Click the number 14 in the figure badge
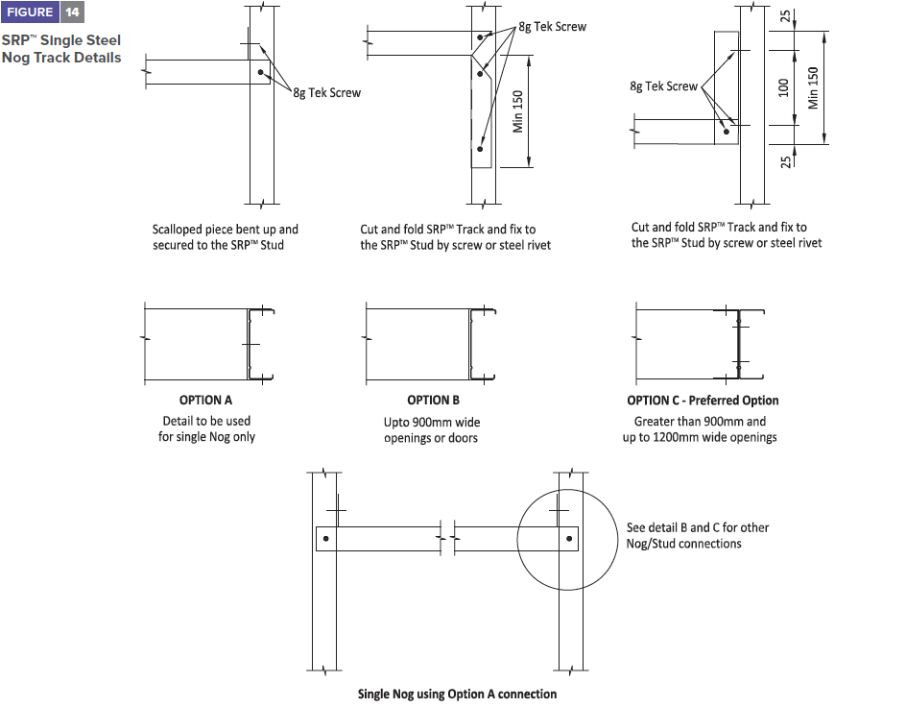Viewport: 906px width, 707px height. click(x=73, y=12)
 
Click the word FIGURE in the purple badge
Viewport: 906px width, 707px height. click(x=30, y=12)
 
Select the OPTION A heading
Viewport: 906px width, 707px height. click(x=205, y=401)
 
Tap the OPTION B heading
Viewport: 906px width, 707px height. click(x=433, y=401)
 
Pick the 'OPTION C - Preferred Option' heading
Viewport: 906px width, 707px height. click(x=703, y=401)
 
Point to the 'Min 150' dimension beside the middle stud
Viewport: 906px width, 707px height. click(x=518, y=111)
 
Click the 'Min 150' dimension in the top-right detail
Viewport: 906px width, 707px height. click(x=814, y=87)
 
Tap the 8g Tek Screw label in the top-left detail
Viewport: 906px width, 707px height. click(x=327, y=93)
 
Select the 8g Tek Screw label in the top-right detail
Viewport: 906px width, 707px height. click(x=664, y=86)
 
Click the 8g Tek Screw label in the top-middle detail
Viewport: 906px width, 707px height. click(x=552, y=27)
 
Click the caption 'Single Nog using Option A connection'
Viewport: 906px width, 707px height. click(x=457, y=694)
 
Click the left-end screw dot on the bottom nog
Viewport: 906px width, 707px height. click(x=325, y=539)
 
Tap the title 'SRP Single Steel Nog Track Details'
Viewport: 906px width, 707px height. click(x=60, y=50)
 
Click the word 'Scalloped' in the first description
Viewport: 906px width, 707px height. click(x=178, y=230)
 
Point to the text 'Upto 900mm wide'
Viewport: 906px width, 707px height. click(x=432, y=422)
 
